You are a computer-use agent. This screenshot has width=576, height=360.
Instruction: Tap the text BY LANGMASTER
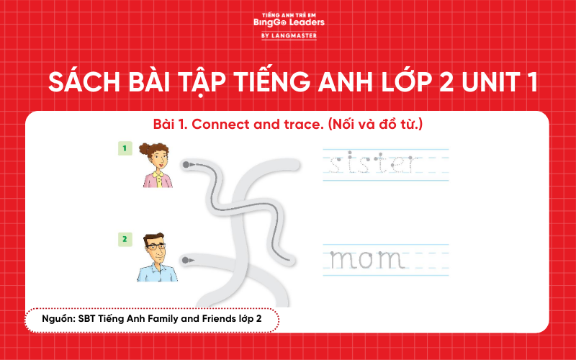289,35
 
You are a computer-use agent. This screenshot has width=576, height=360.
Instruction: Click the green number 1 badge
124,148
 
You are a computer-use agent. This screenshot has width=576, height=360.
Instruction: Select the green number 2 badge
124,238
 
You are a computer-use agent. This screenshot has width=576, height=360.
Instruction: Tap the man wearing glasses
157,257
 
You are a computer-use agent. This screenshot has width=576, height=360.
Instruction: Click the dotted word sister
372,165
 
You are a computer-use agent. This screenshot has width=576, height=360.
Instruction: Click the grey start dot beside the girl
186,165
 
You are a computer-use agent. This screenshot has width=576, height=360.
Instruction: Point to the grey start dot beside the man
186,259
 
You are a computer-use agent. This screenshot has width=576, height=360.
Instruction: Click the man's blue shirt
158,272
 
